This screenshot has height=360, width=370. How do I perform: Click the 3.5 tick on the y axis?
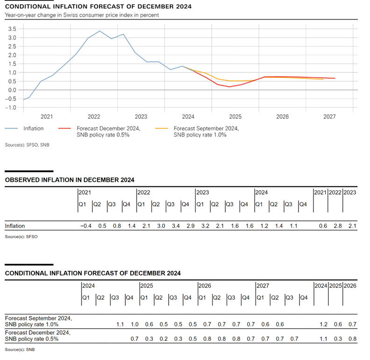tap(13, 29)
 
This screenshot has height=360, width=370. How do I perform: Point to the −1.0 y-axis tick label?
tap(11, 107)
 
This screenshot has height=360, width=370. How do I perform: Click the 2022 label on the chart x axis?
tap(94, 117)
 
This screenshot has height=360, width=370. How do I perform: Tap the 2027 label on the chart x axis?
tap(330, 117)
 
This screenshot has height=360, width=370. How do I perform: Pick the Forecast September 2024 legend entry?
tap(206, 132)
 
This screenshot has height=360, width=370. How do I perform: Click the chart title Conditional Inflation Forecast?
tap(98, 7)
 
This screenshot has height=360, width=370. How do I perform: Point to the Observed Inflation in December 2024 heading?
tap(70, 180)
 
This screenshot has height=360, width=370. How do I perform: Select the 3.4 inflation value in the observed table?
tap(176, 226)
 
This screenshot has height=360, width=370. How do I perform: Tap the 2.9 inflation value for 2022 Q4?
tap(191, 226)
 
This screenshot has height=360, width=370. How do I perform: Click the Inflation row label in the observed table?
tap(15, 226)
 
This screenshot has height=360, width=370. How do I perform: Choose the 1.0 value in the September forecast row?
tap(135, 324)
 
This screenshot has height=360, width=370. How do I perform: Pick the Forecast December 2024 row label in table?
tap(37, 336)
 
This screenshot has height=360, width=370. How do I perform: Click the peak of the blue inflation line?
tap(100, 31)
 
